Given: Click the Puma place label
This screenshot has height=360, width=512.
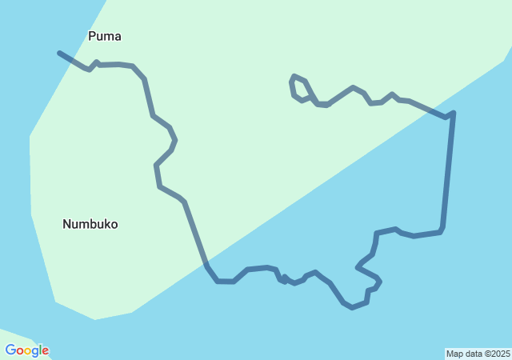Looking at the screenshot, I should coord(105,36).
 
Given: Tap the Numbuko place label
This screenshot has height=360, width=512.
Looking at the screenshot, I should coord(90,224).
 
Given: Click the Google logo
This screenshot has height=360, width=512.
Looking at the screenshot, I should coord(27,350).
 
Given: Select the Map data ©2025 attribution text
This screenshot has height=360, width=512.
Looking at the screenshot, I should coord(478,354).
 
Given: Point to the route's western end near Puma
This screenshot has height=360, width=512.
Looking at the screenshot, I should coord(60,54).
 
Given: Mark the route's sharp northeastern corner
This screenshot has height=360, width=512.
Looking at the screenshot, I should coord(453,114).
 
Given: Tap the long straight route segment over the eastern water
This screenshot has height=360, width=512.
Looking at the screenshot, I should coord(447,172).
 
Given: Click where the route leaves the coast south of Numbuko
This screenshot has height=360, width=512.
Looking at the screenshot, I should coord(206,263).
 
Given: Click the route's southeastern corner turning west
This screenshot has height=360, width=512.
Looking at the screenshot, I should coord(441,231).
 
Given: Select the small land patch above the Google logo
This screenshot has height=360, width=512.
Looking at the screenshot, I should coord(16,335).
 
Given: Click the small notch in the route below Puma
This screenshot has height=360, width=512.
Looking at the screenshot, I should coord(94,63).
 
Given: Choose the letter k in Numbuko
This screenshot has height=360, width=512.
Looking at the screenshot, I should coord(105,224).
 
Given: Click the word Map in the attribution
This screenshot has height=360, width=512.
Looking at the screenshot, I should coord(455,354).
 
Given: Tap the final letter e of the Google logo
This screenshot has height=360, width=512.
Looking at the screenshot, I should coord(45,351).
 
